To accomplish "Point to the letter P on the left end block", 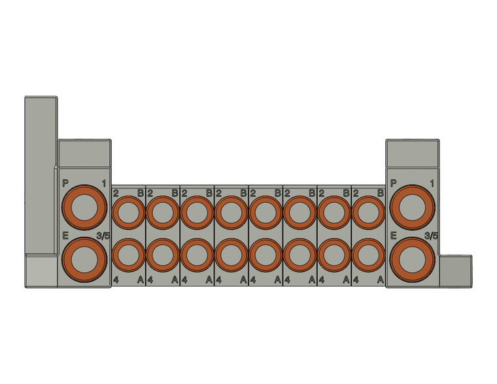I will pyautogui.click(x=64, y=183).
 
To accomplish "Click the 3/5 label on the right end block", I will pyautogui.click(x=431, y=236).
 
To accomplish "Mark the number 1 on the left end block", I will pyautogui.click(x=103, y=183).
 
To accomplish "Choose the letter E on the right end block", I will pyautogui.click(x=393, y=236).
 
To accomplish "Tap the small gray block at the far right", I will pyautogui.click(x=456, y=270).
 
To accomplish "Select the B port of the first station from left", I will pyautogui.click(x=129, y=212).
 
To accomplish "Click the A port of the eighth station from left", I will pyautogui.click(x=369, y=254).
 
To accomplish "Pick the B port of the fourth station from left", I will pyautogui.click(x=231, y=212).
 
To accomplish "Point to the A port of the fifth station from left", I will pyautogui.click(x=266, y=254).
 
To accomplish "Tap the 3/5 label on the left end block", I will pyautogui.click(x=103, y=236).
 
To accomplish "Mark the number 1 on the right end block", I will pyautogui.click(x=432, y=183).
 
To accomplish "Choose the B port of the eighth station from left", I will pyautogui.click(x=369, y=212).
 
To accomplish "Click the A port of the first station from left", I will pyautogui.click(x=129, y=254).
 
